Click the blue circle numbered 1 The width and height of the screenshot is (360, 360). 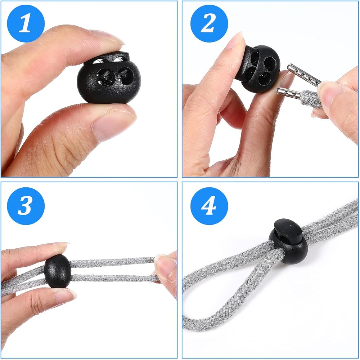click(x=26, y=23)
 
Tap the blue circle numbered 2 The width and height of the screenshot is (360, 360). click(x=209, y=23)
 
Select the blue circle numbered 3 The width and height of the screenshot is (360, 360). click(x=26, y=206)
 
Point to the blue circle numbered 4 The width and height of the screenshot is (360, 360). click(x=209, y=206)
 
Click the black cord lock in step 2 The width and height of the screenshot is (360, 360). click(x=258, y=68)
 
